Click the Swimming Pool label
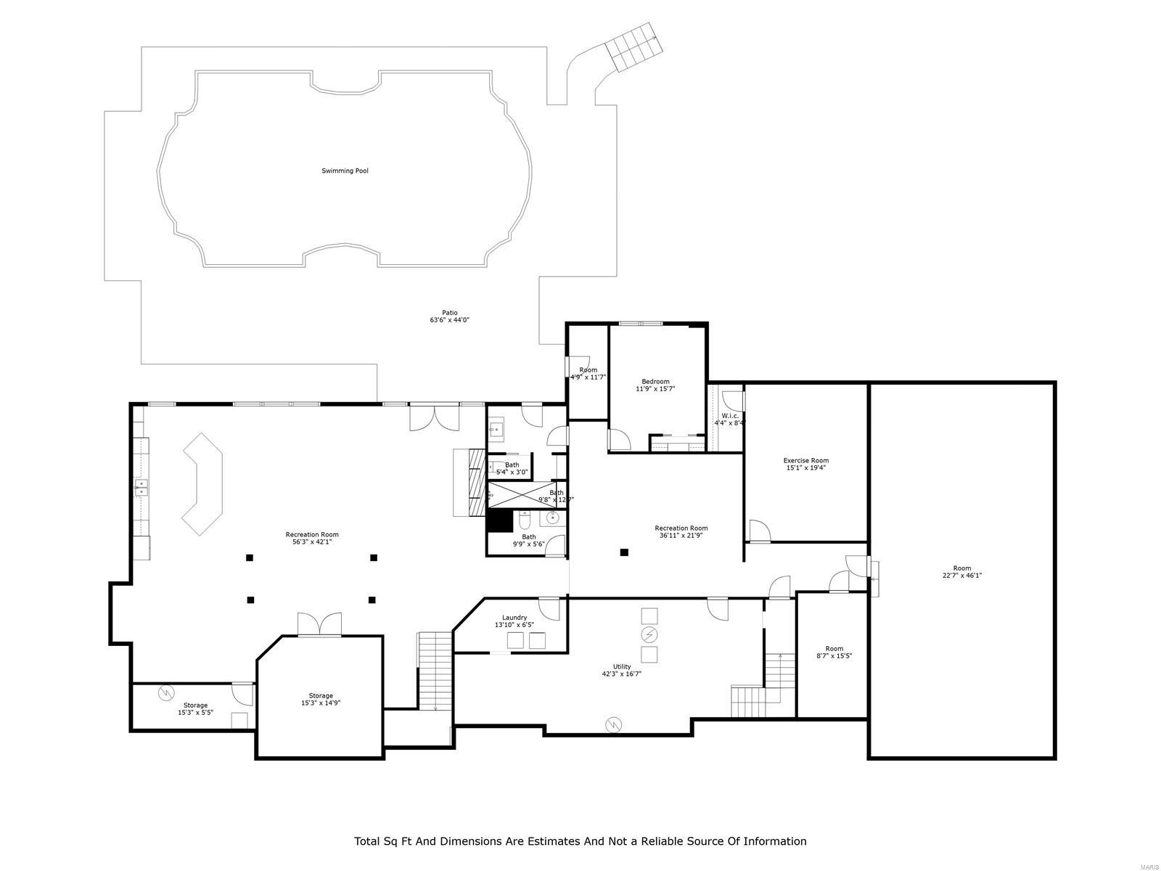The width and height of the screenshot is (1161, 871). [x=345, y=171]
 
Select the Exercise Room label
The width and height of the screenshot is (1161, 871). [x=805, y=460]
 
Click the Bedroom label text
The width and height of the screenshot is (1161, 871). [x=655, y=382]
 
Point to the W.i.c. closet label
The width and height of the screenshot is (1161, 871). [x=730, y=416]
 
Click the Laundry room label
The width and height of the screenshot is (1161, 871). [x=514, y=618]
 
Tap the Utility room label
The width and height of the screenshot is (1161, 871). [x=621, y=666]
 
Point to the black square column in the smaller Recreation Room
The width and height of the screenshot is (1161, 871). [x=623, y=552]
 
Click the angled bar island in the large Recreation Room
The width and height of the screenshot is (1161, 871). [x=203, y=484]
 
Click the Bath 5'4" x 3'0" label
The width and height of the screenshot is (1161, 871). [x=512, y=465]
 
